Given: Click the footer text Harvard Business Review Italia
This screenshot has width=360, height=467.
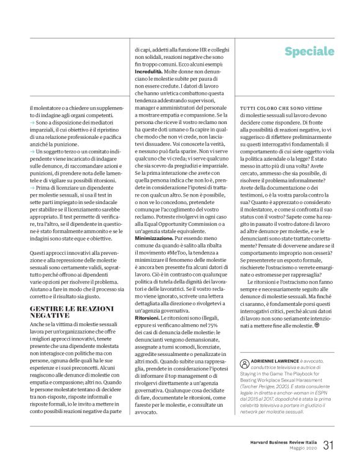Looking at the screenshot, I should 280,442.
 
